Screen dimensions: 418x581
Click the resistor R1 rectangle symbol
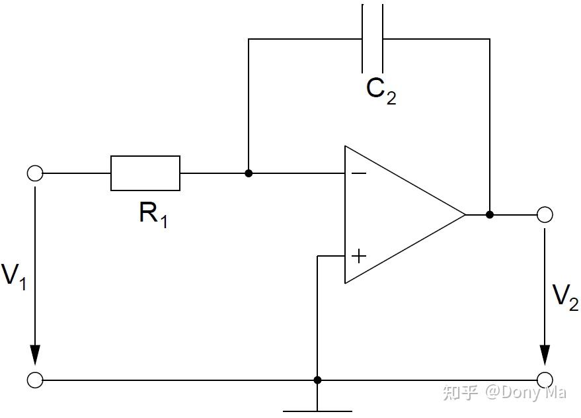(x=145, y=173)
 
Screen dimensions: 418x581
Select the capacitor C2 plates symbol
(x=373, y=38)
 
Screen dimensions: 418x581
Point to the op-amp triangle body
(x=397, y=215)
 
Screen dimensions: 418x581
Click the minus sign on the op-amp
(x=358, y=173)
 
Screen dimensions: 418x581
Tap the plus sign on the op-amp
(x=358, y=255)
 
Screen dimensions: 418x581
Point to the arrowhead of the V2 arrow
(x=545, y=355)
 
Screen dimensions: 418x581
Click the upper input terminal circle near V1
(x=35, y=174)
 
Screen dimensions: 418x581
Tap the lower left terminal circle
(x=35, y=380)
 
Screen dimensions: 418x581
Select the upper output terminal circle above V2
(x=545, y=214)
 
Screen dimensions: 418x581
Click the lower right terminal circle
(x=545, y=380)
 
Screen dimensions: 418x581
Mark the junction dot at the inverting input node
(x=249, y=173)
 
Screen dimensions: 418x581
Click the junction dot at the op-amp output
(x=490, y=214)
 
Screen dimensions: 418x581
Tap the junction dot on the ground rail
(x=318, y=380)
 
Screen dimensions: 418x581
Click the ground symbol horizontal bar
(x=318, y=411)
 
